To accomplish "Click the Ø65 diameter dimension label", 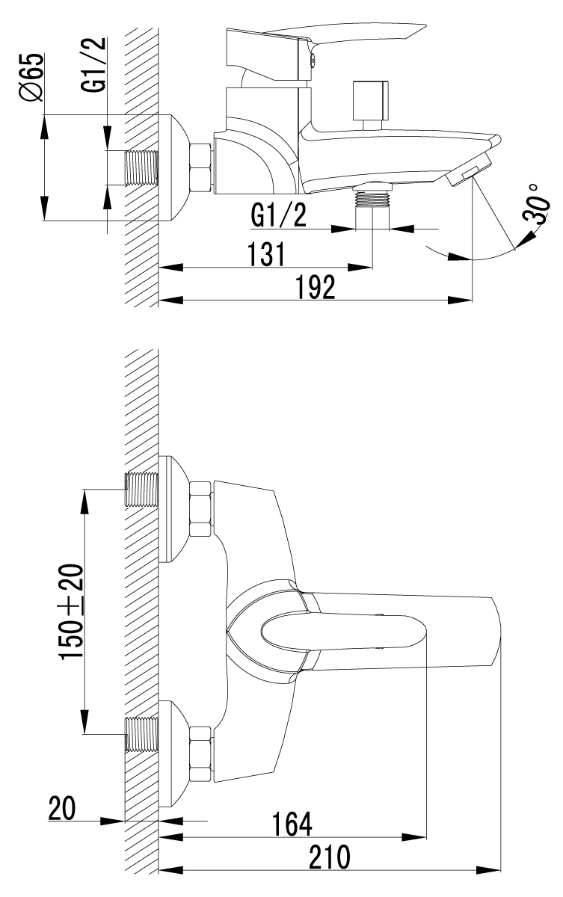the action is point(31,77).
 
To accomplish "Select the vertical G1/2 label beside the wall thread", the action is point(93,65).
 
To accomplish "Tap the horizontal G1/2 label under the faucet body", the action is point(278,216).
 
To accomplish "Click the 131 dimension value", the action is point(267,254).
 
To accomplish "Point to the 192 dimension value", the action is point(316,287).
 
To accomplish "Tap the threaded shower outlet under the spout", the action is point(372,199).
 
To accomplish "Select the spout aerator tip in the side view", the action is point(469,171).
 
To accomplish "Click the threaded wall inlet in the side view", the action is point(142,167).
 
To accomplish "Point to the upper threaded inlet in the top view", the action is point(142,490).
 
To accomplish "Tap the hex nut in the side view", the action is point(200,167).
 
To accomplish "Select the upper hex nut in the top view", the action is point(200,509).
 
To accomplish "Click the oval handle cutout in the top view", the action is point(345,632).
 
